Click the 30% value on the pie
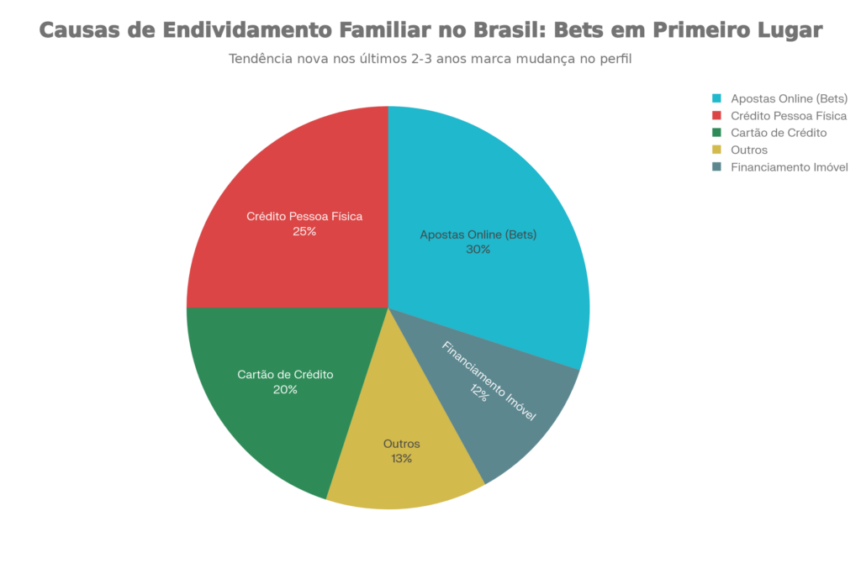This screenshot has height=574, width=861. [478, 250]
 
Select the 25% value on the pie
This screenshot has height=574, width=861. [304, 231]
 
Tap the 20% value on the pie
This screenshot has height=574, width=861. [285, 390]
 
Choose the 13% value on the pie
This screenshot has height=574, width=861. [401, 459]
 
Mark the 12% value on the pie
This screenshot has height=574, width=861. [479, 392]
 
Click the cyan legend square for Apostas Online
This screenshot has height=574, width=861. [716, 97]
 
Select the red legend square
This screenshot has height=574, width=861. [716, 115]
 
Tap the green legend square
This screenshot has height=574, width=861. [716, 133]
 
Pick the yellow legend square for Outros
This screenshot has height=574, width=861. [716, 150]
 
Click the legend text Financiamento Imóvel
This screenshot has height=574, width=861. [790, 167]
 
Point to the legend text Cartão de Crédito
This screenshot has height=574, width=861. [779, 133]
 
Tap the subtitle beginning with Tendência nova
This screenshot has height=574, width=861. [430, 60]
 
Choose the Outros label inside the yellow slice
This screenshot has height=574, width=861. [401, 444]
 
